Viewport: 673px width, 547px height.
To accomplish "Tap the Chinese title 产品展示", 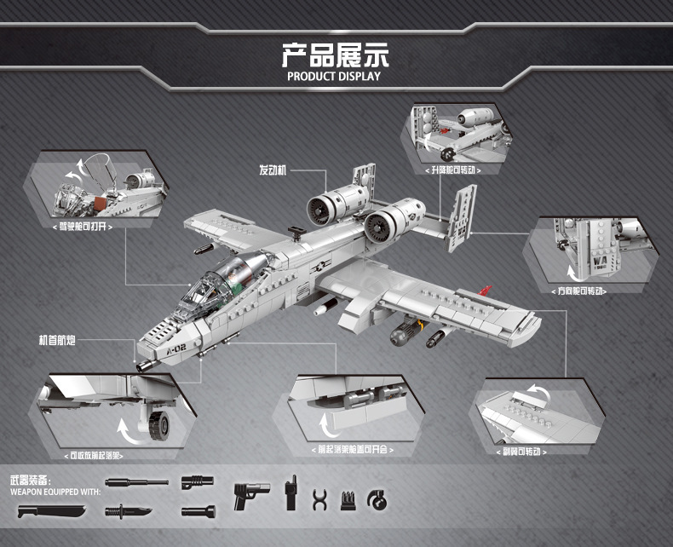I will (x=335, y=55).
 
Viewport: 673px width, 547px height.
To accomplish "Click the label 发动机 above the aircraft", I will (x=273, y=170).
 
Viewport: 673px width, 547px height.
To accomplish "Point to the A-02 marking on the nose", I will (x=175, y=345).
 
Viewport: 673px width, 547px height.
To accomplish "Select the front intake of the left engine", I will (x=321, y=206).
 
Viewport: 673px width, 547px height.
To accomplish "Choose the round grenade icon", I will (x=375, y=498).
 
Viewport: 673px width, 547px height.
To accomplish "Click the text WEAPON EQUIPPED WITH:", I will (x=56, y=492).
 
